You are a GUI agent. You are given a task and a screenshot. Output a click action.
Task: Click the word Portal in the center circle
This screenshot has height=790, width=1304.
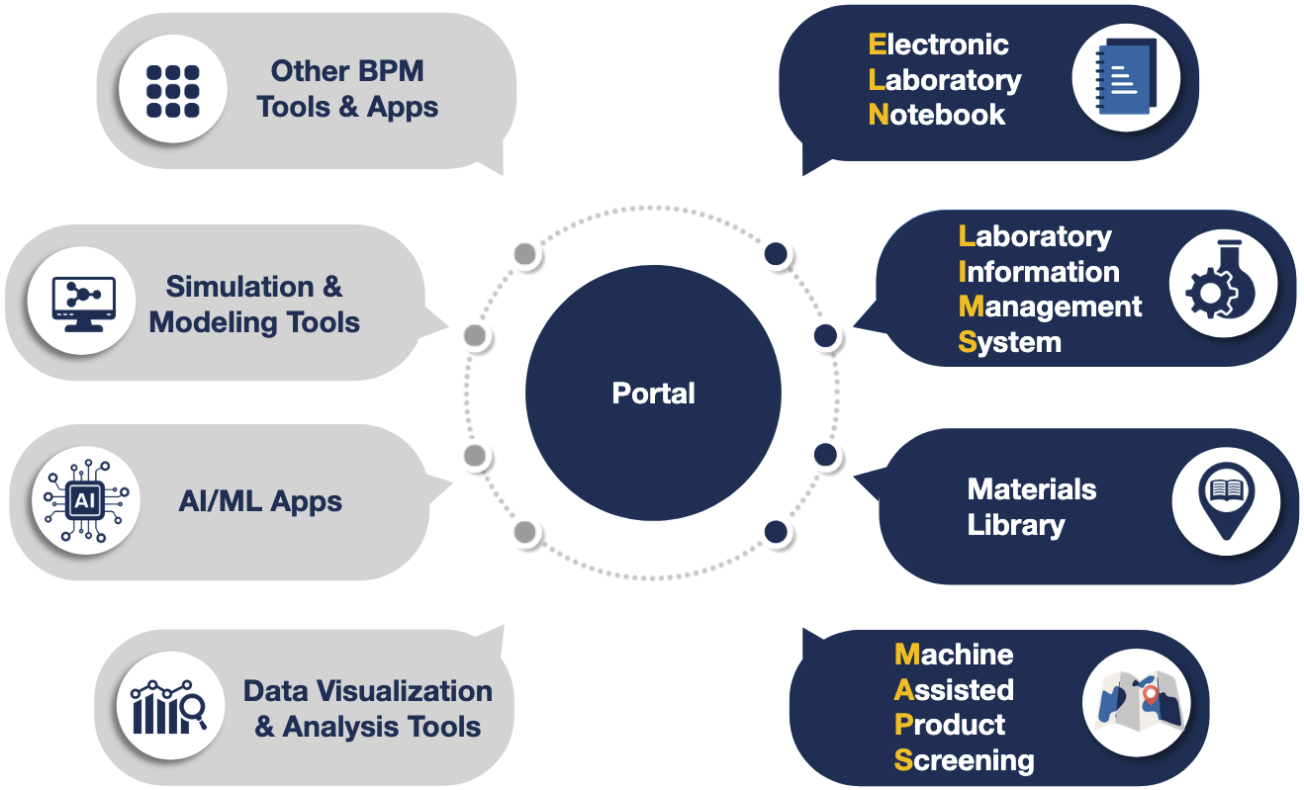coord(653,394)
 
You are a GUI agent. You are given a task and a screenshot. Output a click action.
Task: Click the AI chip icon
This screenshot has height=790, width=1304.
coord(85,501)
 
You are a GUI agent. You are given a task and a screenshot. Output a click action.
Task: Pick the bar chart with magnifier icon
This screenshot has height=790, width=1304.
coord(167,706)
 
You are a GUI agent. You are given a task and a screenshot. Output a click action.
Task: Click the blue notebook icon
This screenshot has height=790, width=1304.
coord(1126,79)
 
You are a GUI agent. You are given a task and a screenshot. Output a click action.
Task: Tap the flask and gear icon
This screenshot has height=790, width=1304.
coord(1223,286)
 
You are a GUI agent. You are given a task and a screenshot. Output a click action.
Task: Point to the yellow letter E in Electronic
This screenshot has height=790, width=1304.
coord(877,44)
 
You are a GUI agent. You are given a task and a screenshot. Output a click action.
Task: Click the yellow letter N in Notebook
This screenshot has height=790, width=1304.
coord(879,115)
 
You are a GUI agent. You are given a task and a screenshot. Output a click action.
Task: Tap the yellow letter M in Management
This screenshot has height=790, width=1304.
coord(971,307)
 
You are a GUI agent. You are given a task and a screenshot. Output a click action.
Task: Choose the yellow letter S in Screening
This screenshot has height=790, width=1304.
coord(903,760)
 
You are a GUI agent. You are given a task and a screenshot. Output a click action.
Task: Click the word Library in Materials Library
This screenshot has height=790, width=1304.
coord(1016,525)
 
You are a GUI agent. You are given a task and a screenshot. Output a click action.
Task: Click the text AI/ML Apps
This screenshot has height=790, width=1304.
coord(260,501)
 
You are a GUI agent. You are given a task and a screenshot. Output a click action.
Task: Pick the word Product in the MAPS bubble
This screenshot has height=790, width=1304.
coord(950,725)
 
